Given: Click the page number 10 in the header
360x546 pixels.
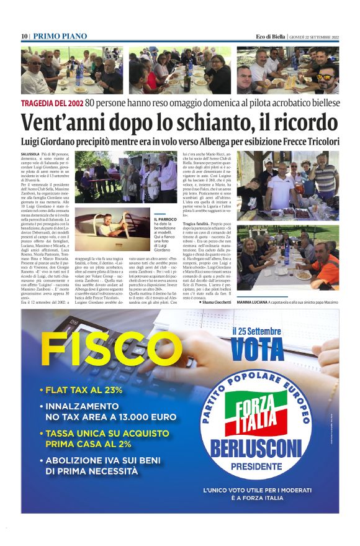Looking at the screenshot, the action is (24, 37).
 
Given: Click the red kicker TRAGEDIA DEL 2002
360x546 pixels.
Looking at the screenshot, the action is (52, 102).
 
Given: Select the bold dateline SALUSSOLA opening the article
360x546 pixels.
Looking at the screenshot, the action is (32, 153).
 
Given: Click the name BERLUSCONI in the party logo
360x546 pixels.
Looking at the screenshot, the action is (258, 447).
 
